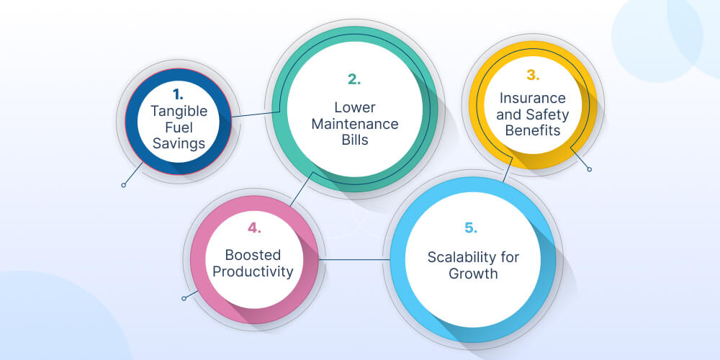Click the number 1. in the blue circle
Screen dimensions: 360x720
178,94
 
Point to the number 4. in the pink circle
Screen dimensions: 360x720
253,229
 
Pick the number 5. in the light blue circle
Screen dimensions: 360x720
470,229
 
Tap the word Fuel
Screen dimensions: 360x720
178,127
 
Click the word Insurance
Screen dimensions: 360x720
533,98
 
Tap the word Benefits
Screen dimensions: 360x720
533,131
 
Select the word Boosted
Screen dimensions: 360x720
253,255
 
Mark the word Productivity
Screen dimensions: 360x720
253,271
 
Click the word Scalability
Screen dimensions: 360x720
473,258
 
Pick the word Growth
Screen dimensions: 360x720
473,274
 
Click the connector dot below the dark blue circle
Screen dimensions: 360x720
124,185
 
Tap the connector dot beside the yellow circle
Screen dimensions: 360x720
590,170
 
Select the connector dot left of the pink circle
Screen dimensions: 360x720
184,298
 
